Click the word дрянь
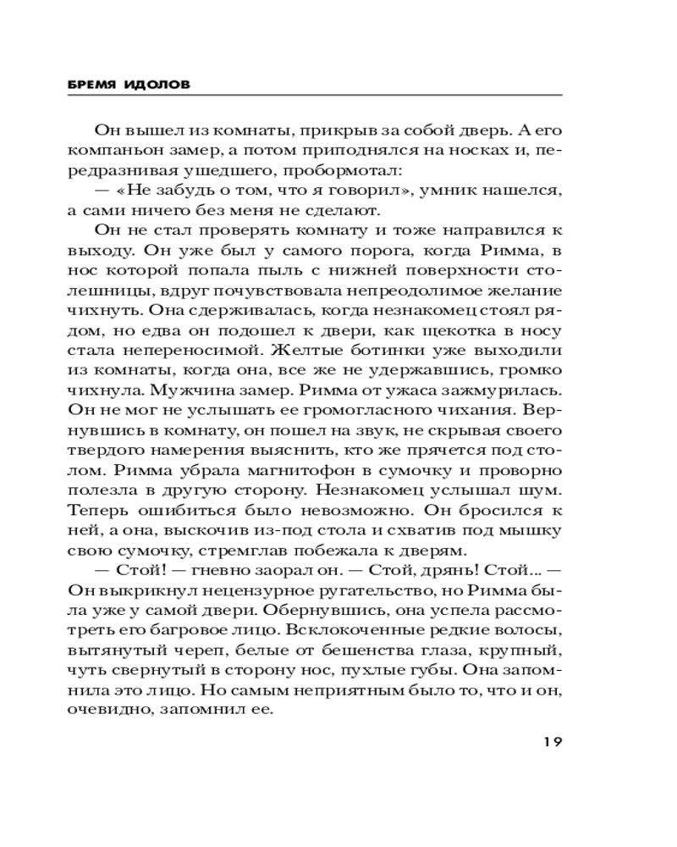tap(455, 568)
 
